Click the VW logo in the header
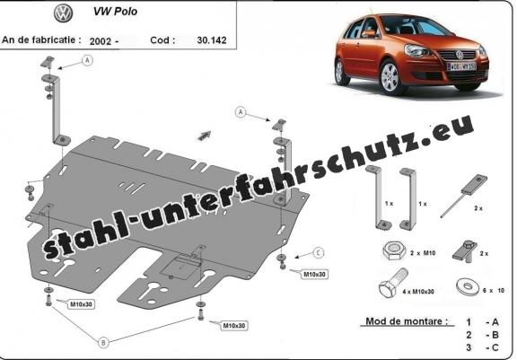point(64,13)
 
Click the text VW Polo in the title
point(115,12)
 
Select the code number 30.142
point(212,40)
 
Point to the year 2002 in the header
point(101,41)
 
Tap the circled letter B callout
point(103,343)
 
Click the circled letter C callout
point(318,253)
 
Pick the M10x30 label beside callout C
point(314,275)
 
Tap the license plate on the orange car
point(461,66)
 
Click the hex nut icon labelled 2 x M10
point(393,251)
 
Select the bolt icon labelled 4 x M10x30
point(393,284)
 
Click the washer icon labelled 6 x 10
point(467,286)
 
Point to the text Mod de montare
point(407,321)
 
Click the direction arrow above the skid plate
point(204,136)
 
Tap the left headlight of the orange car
point(416,51)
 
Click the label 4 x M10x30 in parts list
point(418,292)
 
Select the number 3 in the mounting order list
point(469,347)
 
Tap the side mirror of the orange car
point(368,33)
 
